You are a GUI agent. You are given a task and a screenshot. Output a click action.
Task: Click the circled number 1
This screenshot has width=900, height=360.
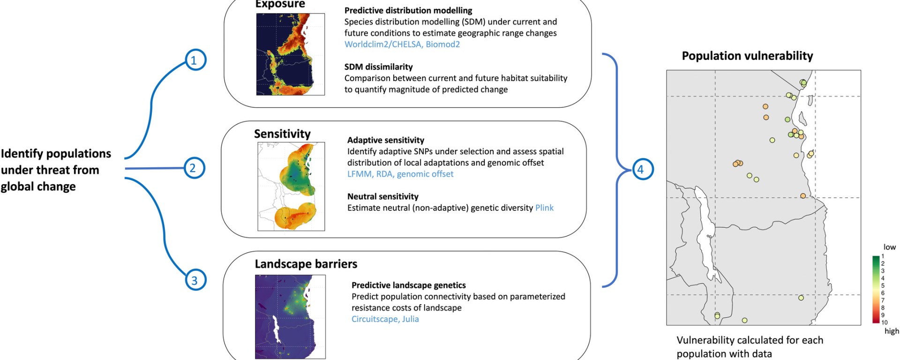click(195, 60)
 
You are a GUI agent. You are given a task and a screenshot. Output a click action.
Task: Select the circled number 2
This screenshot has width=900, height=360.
click(194, 168)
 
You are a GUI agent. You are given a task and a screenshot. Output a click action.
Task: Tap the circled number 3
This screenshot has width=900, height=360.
click(195, 280)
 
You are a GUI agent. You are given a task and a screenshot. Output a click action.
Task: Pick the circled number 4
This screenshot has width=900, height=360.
click(641, 169)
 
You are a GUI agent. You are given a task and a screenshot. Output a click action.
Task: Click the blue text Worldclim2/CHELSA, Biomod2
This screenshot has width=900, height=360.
click(402, 44)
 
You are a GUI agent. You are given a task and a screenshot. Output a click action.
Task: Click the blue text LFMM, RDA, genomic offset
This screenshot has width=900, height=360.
click(400, 174)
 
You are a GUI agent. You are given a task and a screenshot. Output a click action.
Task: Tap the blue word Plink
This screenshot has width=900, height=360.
click(544, 208)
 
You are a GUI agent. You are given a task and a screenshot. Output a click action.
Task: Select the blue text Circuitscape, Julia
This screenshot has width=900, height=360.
click(385, 319)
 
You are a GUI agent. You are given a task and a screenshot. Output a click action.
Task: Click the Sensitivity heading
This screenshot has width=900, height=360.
click(282, 134)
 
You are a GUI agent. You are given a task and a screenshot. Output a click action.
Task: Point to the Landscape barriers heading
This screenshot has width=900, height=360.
click(306, 264)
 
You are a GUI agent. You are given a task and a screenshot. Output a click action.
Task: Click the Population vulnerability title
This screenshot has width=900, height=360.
click(747, 56)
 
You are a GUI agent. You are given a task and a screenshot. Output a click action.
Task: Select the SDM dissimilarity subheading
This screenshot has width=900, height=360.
click(379, 67)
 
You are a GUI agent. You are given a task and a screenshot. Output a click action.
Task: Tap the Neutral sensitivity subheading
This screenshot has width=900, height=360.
click(383, 196)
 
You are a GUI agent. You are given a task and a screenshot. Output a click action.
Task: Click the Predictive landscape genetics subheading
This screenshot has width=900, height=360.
click(409, 285)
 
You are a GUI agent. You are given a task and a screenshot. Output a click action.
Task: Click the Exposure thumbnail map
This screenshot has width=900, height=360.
click(291, 54)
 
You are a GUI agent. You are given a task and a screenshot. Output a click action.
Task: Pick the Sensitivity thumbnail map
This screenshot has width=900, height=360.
click(291, 186)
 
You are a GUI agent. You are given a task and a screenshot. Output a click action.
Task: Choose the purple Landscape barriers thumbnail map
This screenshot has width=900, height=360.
click(290, 317)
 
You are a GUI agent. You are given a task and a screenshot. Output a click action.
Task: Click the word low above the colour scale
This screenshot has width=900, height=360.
click(890, 247)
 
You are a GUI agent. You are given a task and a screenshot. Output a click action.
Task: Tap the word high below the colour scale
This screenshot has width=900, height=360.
click(892, 331)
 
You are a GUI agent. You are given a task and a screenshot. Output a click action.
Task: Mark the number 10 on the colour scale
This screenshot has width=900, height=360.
click(885, 322)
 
